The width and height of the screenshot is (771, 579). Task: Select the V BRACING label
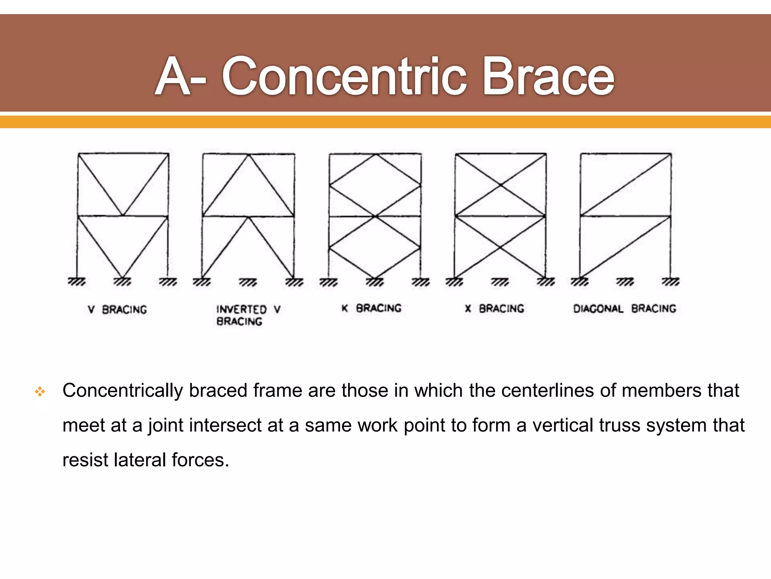(x=117, y=309)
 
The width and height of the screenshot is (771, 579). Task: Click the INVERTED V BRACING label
(x=248, y=315)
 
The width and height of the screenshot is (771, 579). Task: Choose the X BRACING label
(x=494, y=309)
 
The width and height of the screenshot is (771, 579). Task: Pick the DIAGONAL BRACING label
(x=625, y=309)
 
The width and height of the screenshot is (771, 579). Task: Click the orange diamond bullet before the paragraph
(x=40, y=392)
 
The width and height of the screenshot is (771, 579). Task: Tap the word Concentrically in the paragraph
(x=122, y=391)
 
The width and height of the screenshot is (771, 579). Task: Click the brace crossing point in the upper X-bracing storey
(x=501, y=185)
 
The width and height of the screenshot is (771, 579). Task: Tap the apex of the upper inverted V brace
(x=248, y=155)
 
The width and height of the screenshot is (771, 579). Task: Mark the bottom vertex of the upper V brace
(x=123, y=216)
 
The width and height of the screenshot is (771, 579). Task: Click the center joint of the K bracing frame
(x=375, y=216)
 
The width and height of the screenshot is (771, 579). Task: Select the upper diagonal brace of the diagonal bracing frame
(x=626, y=185)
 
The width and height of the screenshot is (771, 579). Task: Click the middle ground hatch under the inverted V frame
(x=248, y=282)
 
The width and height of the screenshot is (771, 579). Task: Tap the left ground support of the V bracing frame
(x=77, y=282)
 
